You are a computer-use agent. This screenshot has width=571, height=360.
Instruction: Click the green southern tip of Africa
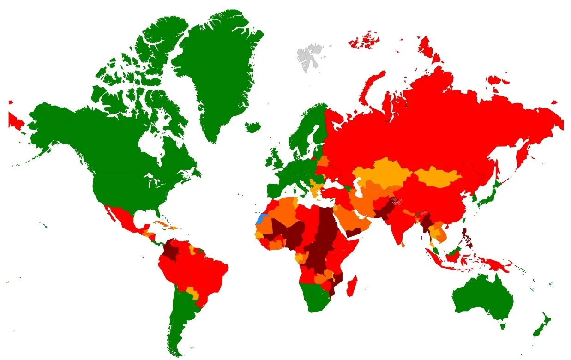point(314,298)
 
